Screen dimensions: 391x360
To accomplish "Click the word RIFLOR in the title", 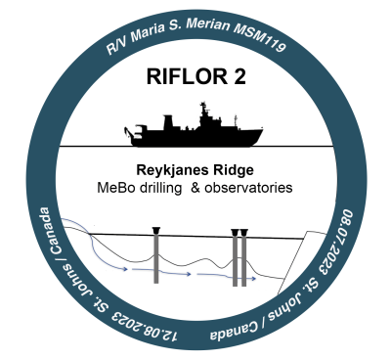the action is click(x=187, y=76).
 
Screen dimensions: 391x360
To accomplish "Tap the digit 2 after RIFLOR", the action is click(x=239, y=76).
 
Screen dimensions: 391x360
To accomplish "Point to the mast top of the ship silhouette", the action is click(x=203, y=104).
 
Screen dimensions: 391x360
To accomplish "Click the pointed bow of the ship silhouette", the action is click(x=261, y=131).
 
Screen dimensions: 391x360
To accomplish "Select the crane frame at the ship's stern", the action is click(x=134, y=132).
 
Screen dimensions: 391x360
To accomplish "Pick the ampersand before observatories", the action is click(x=195, y=188).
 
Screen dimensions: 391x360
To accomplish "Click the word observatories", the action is click(x=248, y=188).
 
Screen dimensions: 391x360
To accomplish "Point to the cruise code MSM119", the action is click(x=260, y=38).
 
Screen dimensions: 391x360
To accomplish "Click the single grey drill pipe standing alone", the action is click(x=156, y=255).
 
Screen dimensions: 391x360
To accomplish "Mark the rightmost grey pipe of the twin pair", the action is click(x=243, y=258).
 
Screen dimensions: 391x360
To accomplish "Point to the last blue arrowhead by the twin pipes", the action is click(x=253, y=279).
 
